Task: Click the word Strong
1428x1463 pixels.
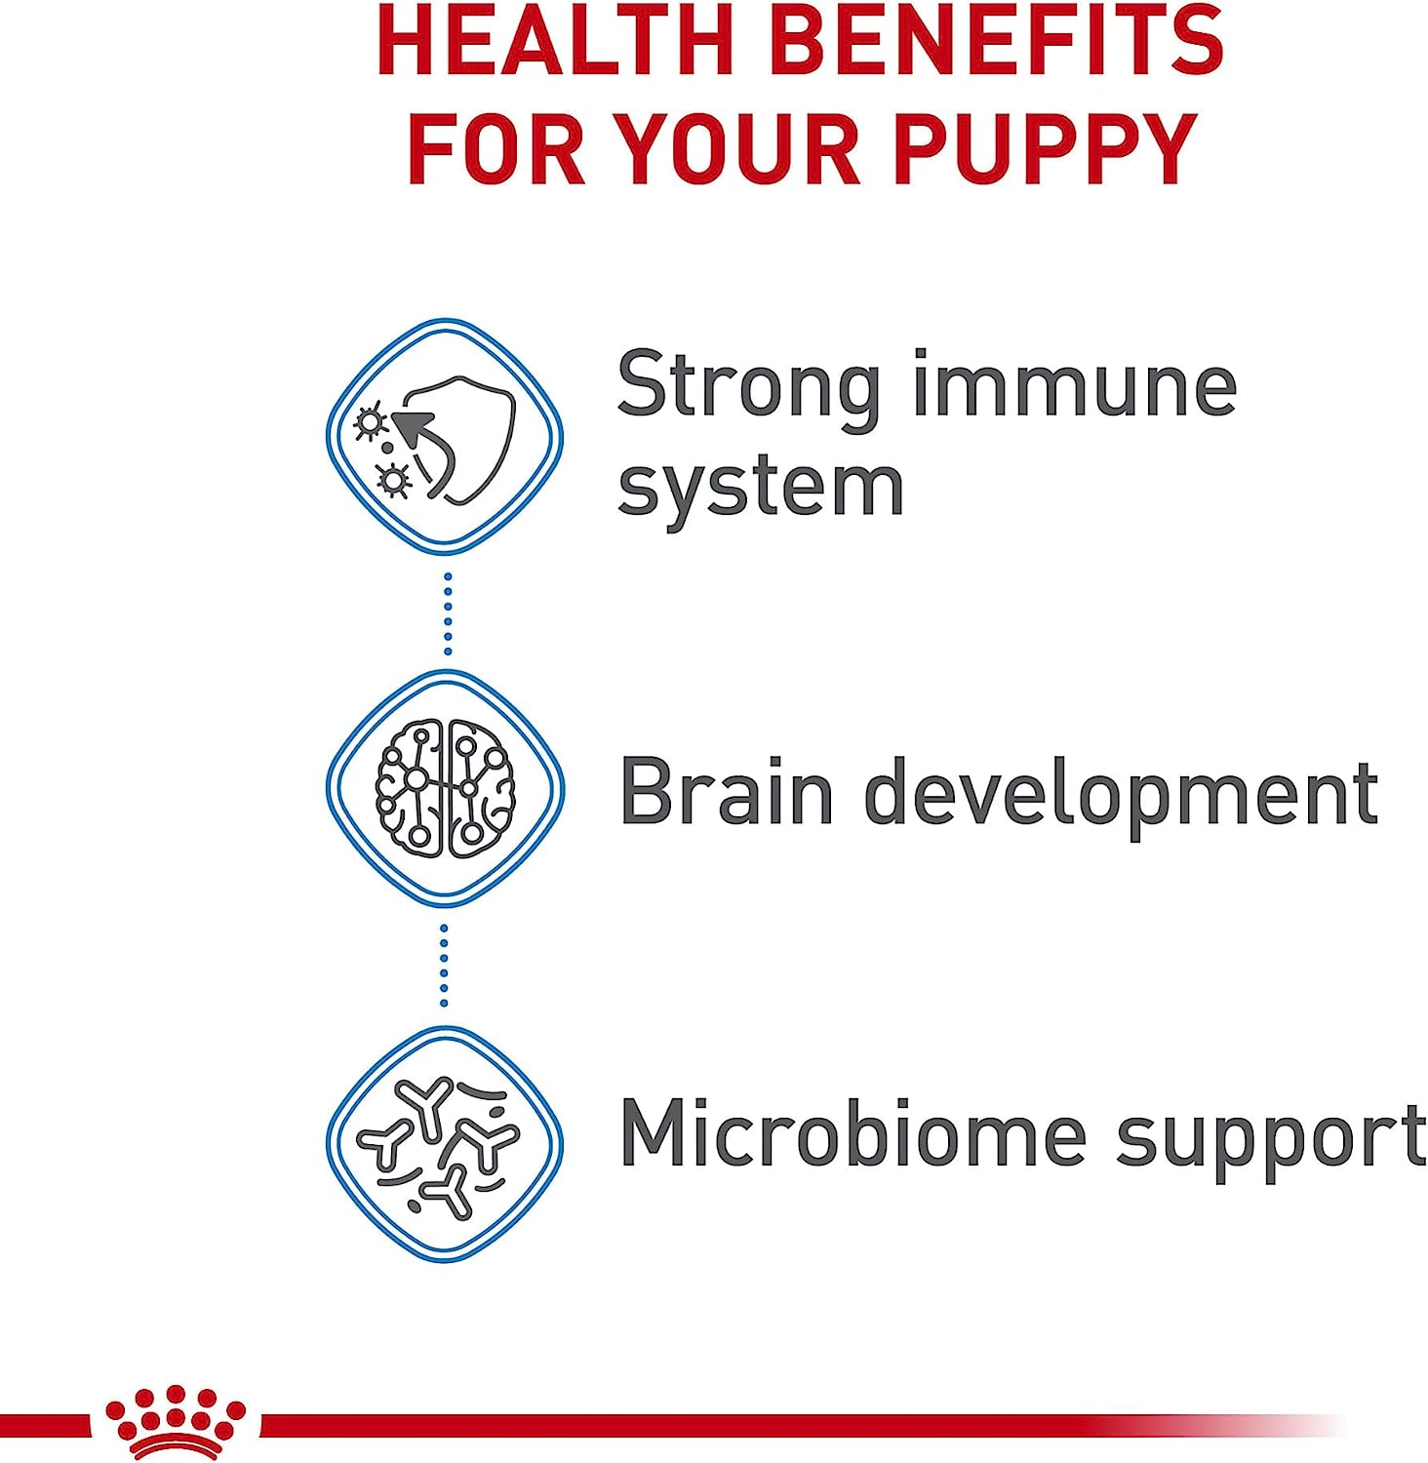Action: coord(749,390)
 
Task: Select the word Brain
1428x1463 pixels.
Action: coord(727,790)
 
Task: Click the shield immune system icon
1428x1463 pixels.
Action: coord(445,436)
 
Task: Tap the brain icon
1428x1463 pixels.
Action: coord(445,788)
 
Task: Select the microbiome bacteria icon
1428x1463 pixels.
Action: coord(445,1143)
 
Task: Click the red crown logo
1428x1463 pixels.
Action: coord(176,1422)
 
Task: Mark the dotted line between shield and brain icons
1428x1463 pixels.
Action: coord(448,613)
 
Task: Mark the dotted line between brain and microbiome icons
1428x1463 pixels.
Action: coord(444,966)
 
